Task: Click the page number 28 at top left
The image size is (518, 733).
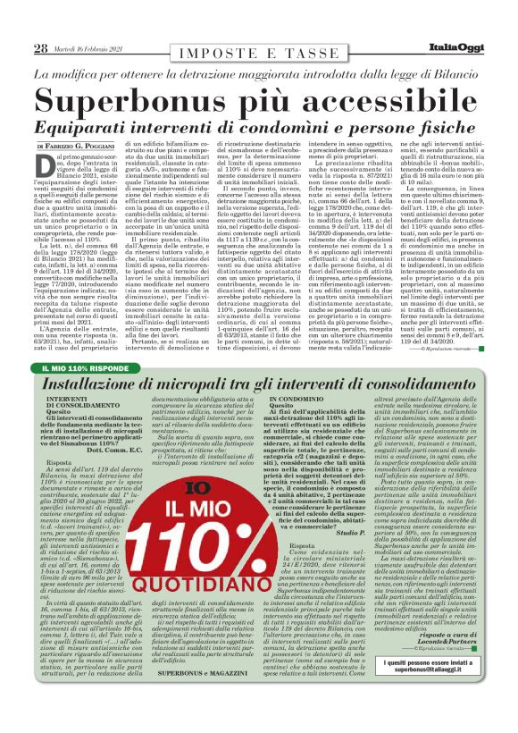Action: tap(41, 47)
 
